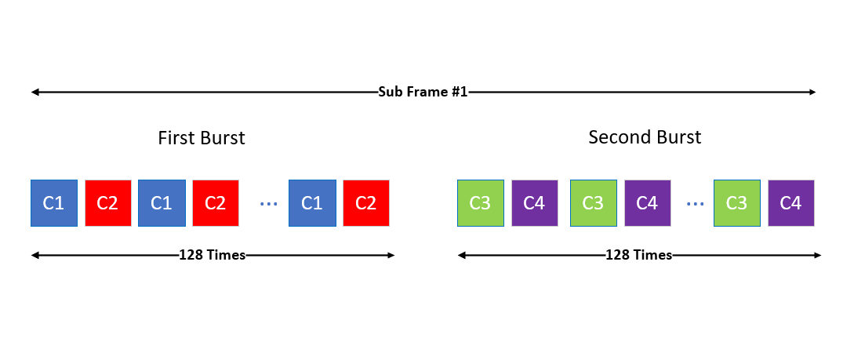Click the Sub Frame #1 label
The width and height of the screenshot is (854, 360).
click(x=423, y=92)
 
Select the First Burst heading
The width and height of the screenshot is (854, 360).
click(x=202, y=138)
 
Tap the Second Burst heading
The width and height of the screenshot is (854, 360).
click(x=645, y=136)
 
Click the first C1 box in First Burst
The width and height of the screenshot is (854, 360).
click(x=54, y=202)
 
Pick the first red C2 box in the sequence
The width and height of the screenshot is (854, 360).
click(x=108, y=202)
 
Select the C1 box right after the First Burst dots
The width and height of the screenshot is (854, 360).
click(x=311, y=202)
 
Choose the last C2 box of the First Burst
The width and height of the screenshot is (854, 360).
click(x=366, y=202)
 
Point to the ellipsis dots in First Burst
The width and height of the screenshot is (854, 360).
click(x=268, y=204)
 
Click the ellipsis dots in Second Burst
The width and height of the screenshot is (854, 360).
click(x=695, y=204)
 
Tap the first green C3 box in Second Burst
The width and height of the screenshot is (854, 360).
click(x=481, y=202)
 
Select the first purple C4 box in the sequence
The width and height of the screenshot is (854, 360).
click(x=534, y=202)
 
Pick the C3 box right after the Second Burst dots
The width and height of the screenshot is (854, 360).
click(x=736, y=202)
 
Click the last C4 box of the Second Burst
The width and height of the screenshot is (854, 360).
click(x=790, y=202)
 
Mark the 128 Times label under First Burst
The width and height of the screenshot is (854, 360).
click(x=213, y=255)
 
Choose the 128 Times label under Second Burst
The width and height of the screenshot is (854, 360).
click(x=639, y=255)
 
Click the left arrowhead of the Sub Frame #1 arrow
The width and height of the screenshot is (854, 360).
click(x=35, y=92)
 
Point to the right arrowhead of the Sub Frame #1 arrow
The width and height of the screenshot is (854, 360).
click(x=812, y=92)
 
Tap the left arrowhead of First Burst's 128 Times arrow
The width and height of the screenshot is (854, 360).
click(x=35, y=255)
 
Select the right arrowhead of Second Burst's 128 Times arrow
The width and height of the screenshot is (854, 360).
click(x=817, y=255)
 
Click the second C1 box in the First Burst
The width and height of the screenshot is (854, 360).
click(x=162, y=202)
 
